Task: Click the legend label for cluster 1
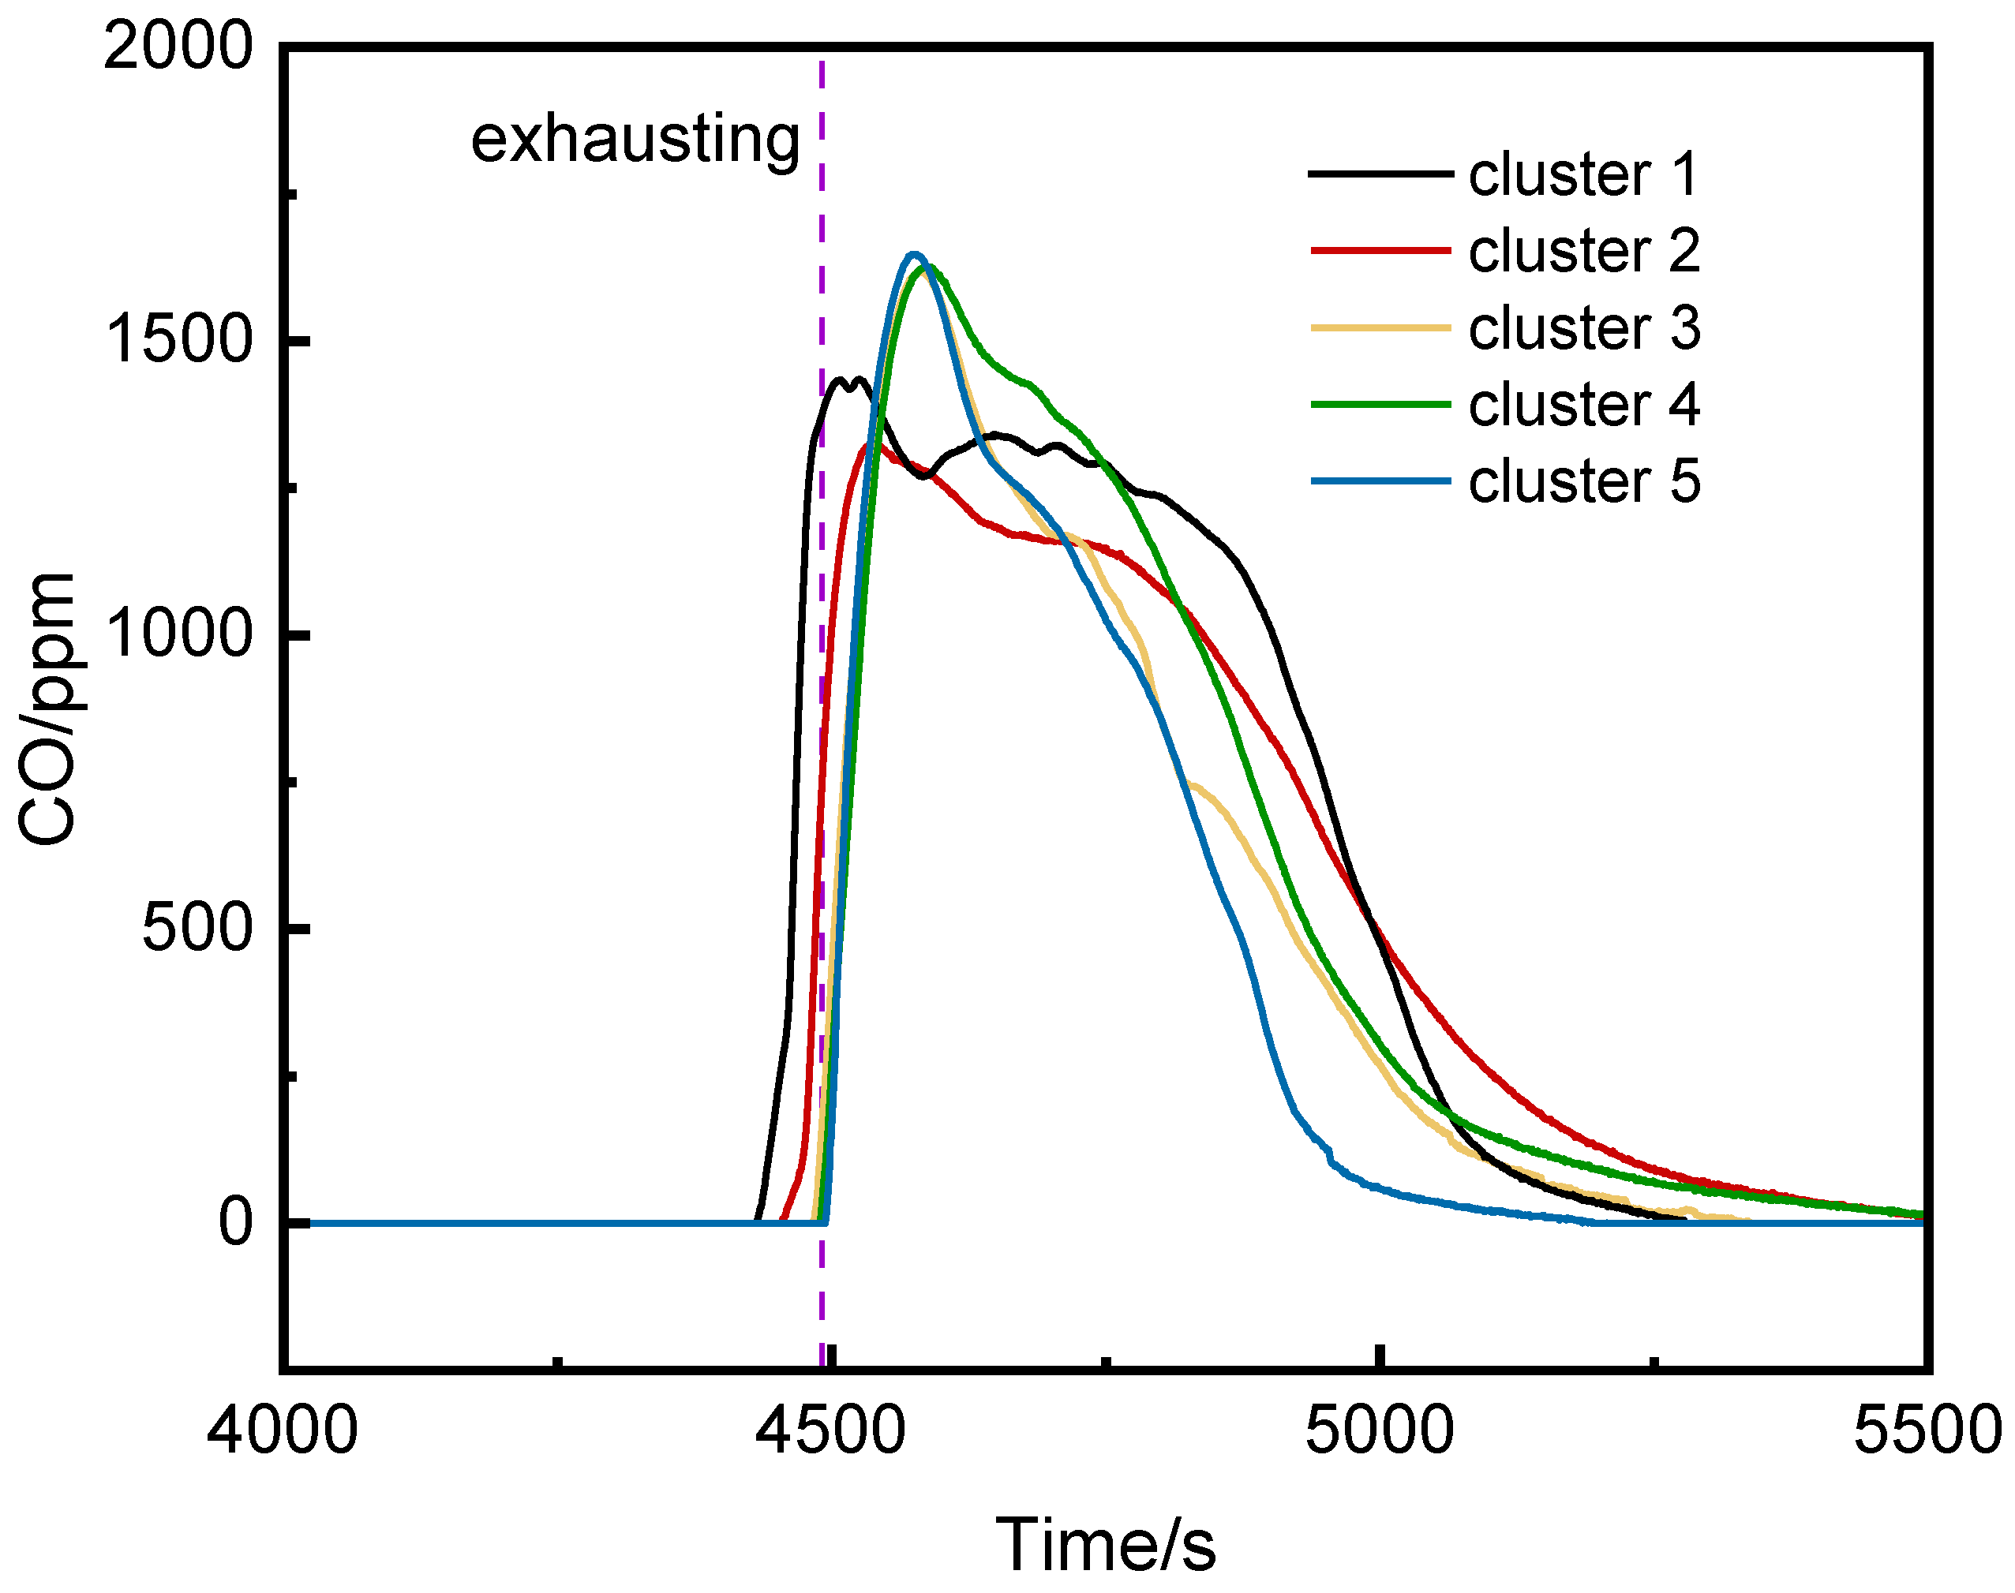click(1583, 174)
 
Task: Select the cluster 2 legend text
click(1583, 251)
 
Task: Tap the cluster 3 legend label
click(1583, 328)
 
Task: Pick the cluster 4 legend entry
click(1583, 405)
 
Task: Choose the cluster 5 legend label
click(1583, 481)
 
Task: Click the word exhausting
click(635, 140)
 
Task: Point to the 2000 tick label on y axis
click(178, 47)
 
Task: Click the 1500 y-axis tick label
click(178, 340)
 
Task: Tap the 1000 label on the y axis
click(178, 634)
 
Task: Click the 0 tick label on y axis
click(235, 1223)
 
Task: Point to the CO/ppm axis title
click(47, 709)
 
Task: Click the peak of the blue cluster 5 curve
click(914, 254)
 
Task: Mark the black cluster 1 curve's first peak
click(840, 380)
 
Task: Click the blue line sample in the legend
click(1380, 481)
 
